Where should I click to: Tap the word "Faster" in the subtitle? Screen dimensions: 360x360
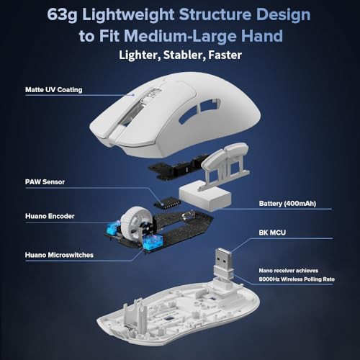225,55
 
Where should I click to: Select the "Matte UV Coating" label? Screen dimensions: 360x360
54,90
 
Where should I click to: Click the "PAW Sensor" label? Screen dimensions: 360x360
45,182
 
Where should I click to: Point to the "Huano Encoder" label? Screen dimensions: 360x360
50,216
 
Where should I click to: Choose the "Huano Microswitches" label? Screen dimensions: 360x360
59,255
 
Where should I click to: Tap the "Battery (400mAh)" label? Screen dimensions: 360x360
287,204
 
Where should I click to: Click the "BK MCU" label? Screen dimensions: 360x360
272,233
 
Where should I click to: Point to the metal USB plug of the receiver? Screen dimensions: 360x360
223,258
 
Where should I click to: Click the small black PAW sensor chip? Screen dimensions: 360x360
167,203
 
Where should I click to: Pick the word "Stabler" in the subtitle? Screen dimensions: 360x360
184,55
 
